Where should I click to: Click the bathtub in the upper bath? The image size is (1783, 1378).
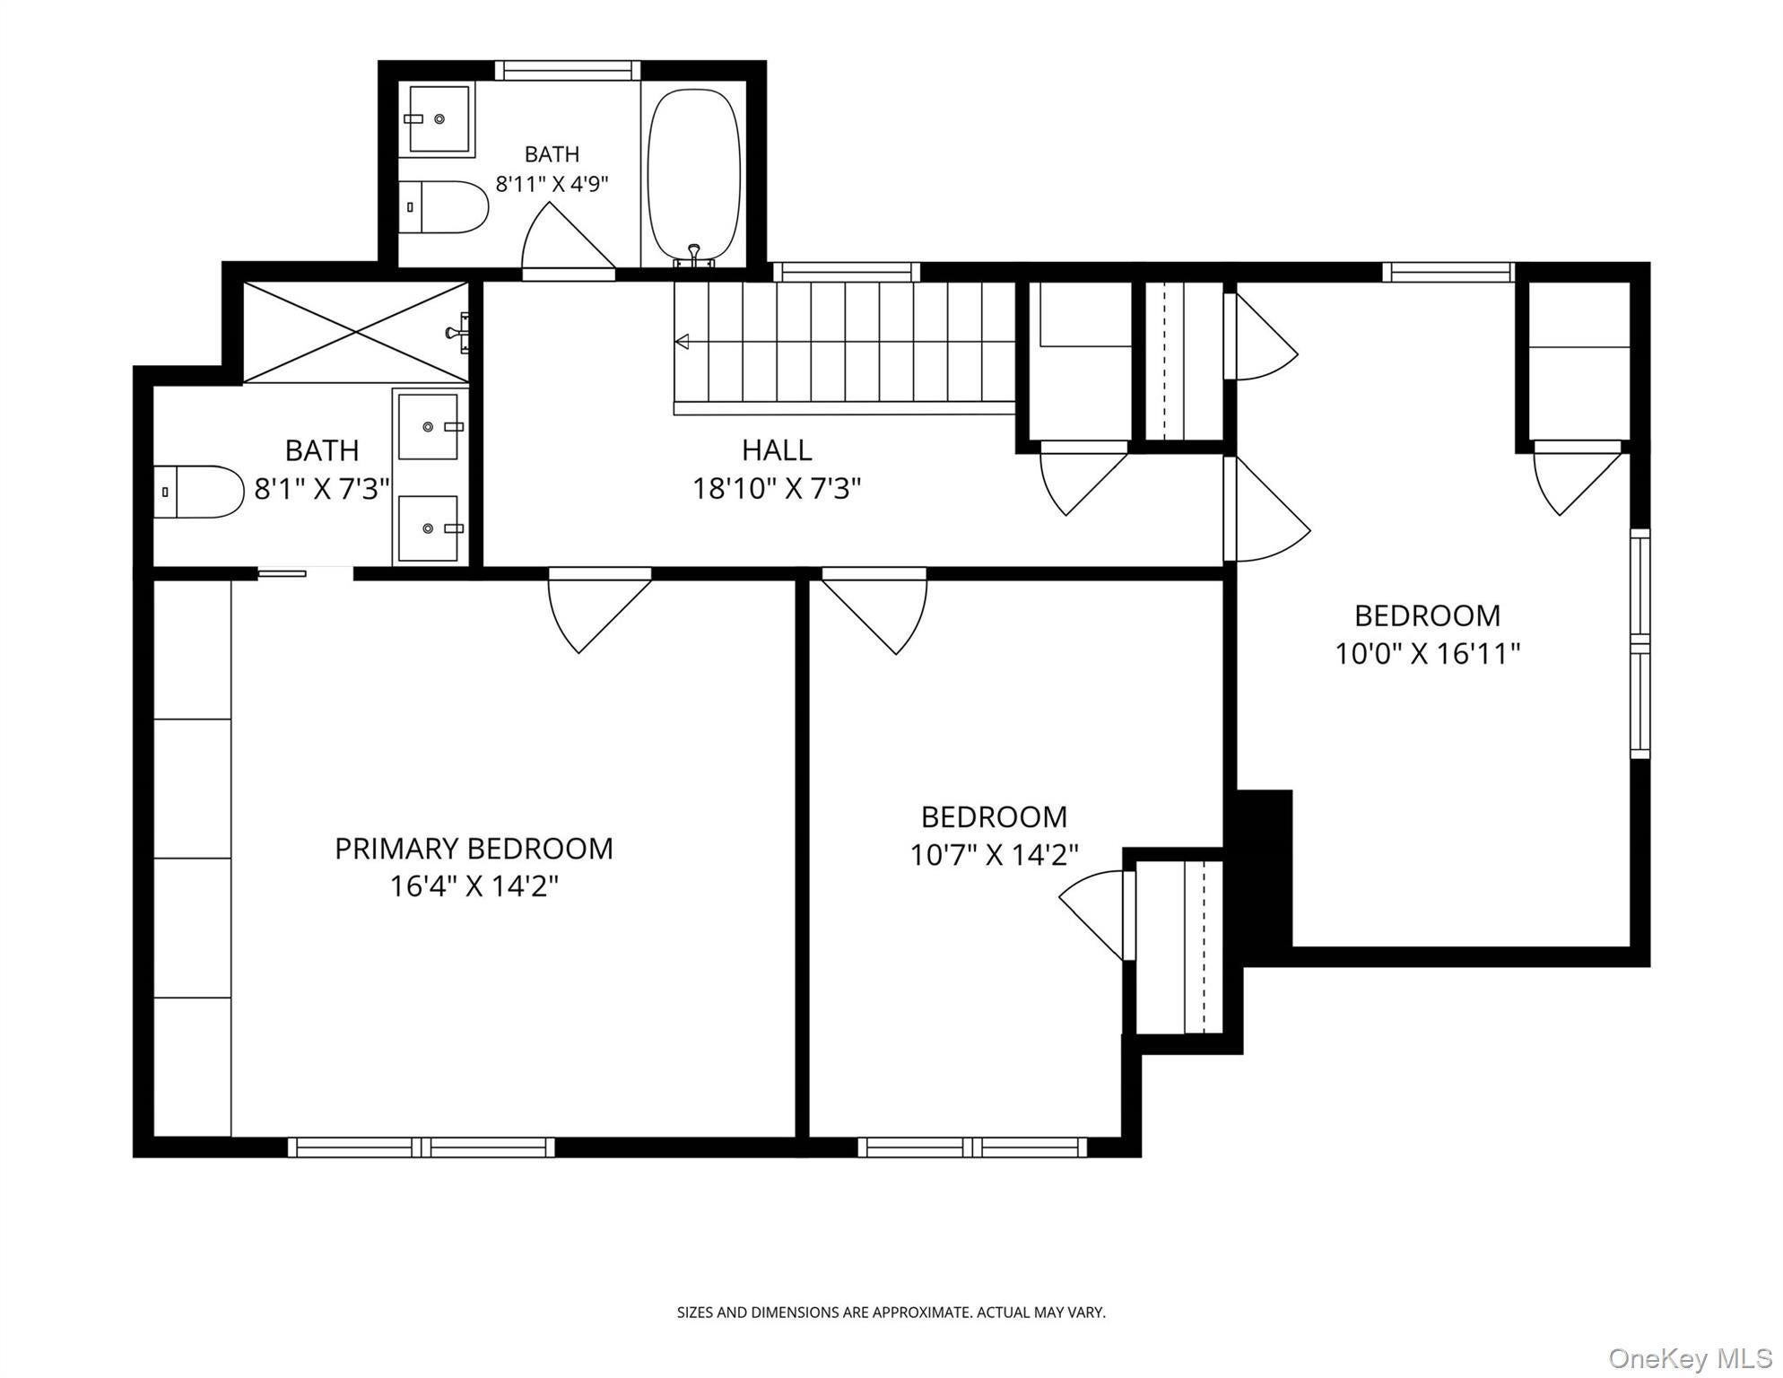694,176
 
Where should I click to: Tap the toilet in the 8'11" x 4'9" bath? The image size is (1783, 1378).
443,207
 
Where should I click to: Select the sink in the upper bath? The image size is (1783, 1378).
439,119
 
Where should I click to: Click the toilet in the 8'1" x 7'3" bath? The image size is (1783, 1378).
199,492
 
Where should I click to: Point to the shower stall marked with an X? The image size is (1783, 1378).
356,332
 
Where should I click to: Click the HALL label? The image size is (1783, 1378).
777,449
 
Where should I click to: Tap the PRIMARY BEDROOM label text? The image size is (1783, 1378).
474,849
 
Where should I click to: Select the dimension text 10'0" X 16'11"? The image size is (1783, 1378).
1427,654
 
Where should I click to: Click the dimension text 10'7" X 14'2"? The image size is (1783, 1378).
994,856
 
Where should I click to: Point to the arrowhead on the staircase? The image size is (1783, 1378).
682,341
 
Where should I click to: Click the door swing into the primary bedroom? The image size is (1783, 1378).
599,610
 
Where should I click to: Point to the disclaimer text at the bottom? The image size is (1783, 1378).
891,1313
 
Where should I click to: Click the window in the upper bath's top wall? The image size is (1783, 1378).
568,70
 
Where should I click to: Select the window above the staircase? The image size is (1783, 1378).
847,271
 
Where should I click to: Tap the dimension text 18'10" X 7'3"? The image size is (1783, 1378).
777,489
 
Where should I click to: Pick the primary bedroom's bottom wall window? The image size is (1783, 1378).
422,1147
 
